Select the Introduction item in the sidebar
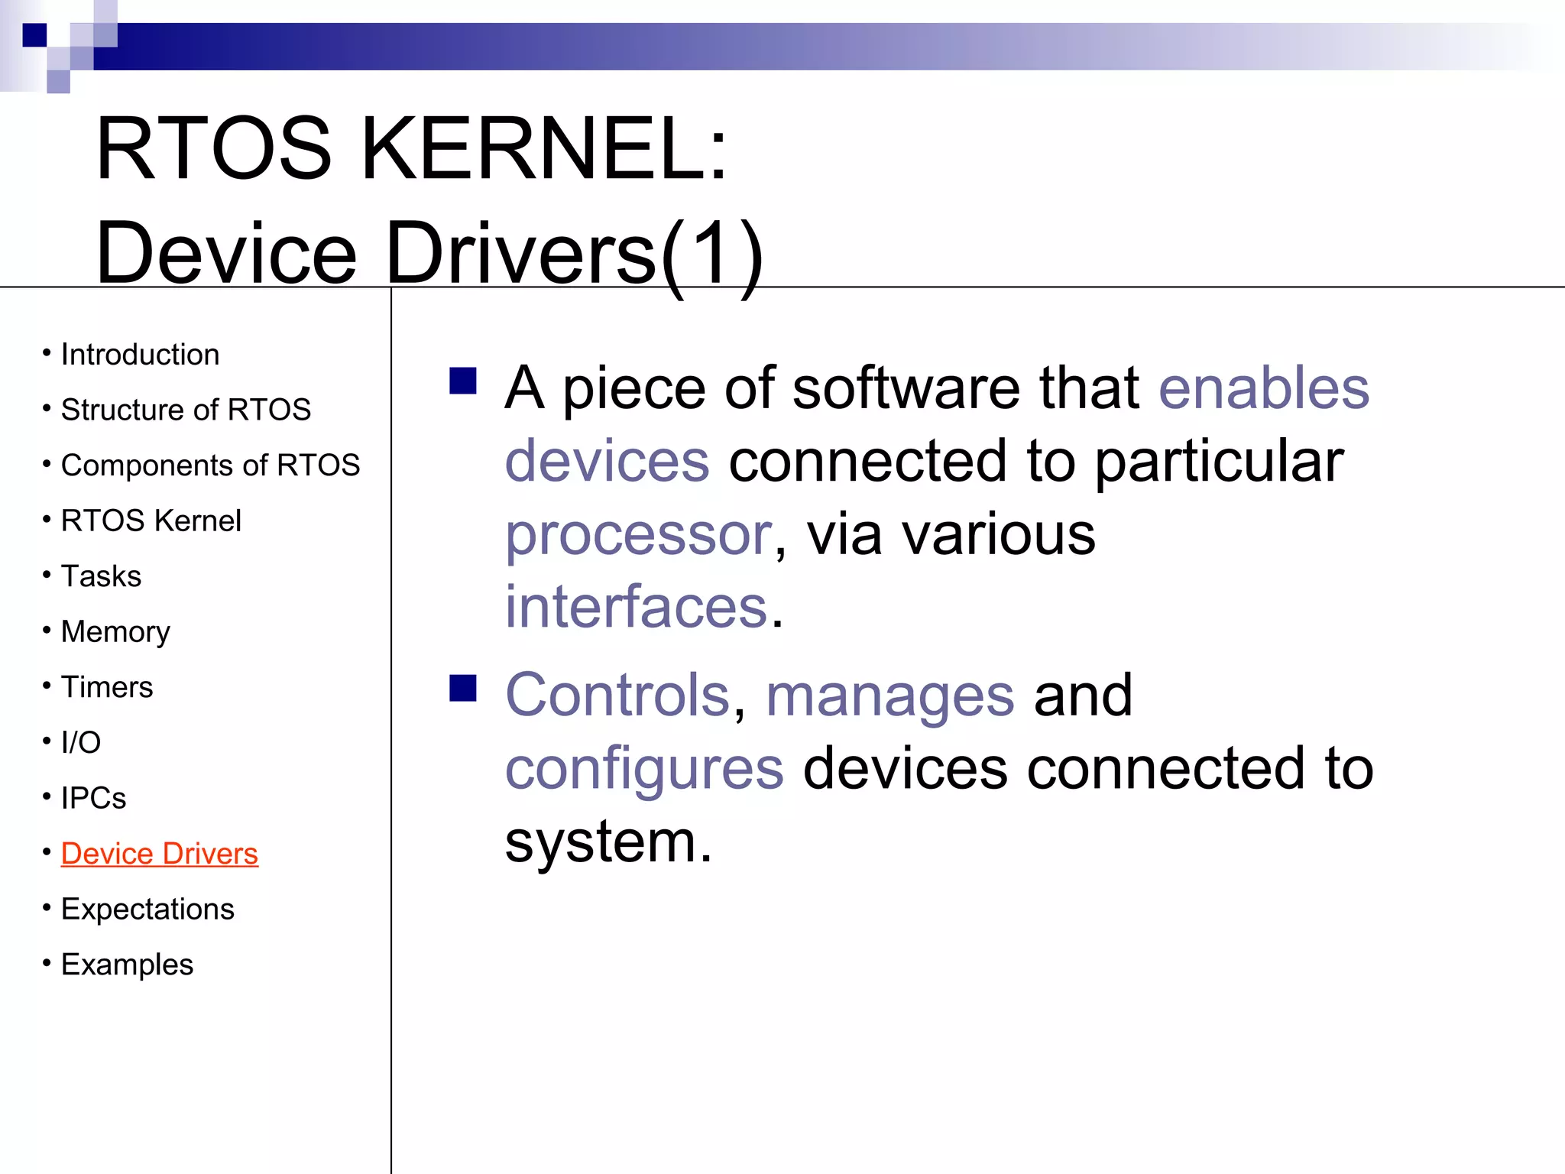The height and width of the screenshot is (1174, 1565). (x=140, y=355)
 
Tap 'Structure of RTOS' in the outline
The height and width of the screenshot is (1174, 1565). (x=186, y=410)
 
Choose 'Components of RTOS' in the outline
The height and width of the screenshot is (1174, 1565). (x=210, y=465)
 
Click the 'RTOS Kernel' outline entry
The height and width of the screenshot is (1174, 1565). (x=151, y=521)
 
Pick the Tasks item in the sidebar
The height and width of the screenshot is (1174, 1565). (x=101, y=576)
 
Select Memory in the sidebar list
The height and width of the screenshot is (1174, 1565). (x=115, y=632)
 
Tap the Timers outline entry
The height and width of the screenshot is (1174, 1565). (x=107, y=687)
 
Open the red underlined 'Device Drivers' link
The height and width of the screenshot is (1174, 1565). (x=159, y=854)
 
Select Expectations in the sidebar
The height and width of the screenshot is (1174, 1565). (x=147, y=910)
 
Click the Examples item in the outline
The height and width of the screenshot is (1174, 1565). (x=127, y=965)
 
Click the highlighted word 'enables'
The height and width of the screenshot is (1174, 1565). (x=1263, y=388)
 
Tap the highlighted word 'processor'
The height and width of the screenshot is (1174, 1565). (x=639, y=535)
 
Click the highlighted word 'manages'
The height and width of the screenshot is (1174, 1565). (x=889, y=696)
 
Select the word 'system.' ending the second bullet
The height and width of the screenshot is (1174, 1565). (x=608, y=842)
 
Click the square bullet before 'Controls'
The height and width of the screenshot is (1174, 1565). (x=463, y=687)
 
